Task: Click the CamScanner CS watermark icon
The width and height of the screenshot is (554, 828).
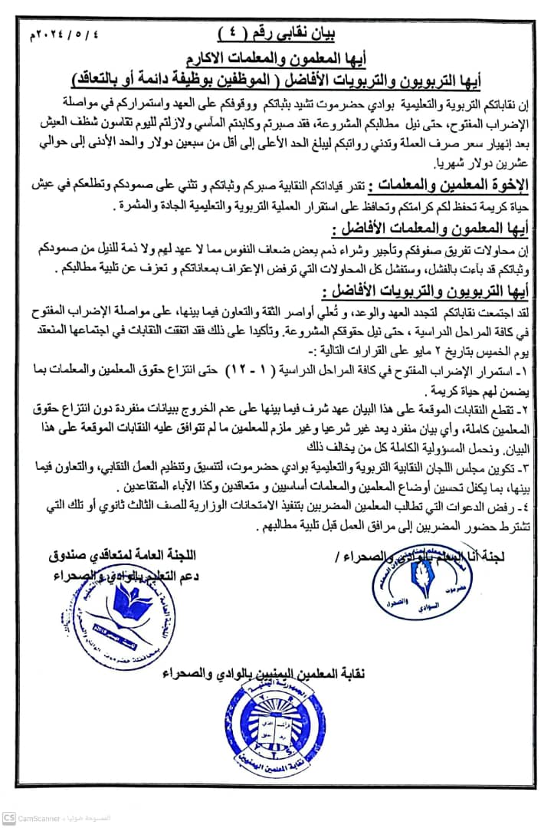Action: pos(8,818)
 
